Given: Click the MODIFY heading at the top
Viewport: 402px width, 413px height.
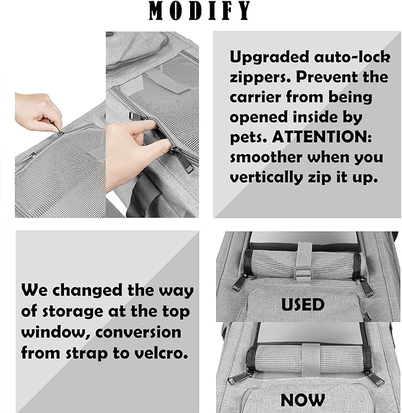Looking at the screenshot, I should coord(200,11).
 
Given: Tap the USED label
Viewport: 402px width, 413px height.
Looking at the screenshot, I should coord(303,305).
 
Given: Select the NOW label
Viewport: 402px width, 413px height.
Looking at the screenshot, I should coord(303,400).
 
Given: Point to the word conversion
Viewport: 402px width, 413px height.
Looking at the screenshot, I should coord(137,332).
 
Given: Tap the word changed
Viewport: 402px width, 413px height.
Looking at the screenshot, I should coord(95,291).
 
